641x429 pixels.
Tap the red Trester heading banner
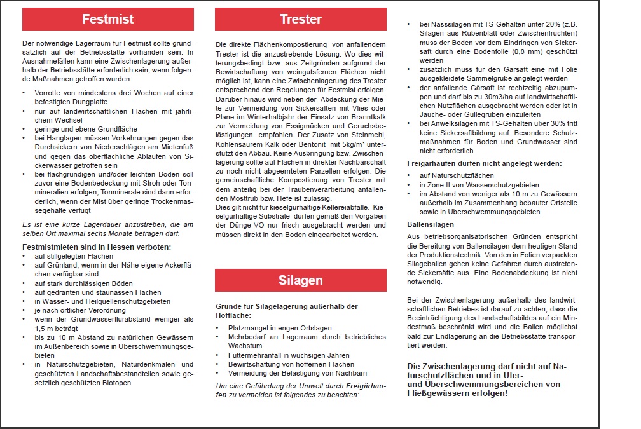point(300,19)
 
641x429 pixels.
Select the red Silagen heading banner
point(300,280)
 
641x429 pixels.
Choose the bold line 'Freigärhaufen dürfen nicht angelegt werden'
point(484,163)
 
